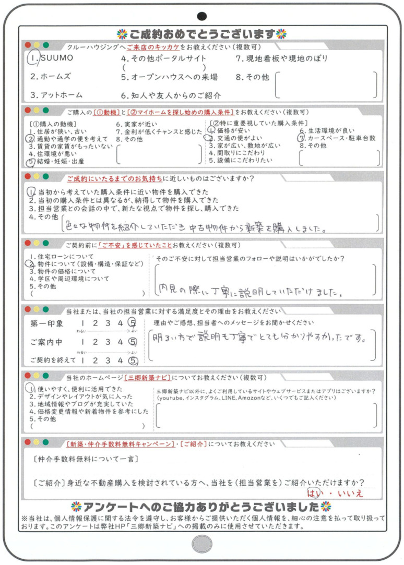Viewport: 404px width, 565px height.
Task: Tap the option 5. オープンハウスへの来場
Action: [170, 77]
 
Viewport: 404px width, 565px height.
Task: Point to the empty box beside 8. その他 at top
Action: [326, 85]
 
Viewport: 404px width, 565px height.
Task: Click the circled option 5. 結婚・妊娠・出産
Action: [57, 162]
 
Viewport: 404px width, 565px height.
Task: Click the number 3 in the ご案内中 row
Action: [108, 342]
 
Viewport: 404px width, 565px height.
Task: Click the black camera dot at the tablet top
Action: [202, 15]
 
